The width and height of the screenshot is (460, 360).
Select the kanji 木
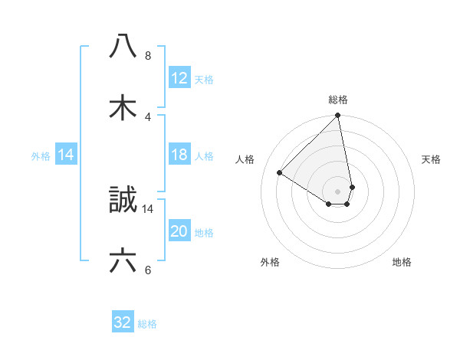[x=123, y=107]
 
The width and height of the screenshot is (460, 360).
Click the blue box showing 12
[x=179, y=78]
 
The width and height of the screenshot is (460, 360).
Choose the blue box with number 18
[x=179, y=155]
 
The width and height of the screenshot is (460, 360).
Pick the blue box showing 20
[x=179, y=232]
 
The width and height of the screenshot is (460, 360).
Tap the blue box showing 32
[x=123, y=322]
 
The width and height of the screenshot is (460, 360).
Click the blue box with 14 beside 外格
[x=66, y=155]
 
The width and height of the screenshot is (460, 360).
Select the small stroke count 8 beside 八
[x=148, y=56]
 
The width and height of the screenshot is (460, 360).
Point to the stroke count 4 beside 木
[x=148, y=116]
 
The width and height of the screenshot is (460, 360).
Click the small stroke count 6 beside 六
[x=148, y=270]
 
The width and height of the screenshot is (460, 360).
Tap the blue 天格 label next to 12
[x=204, y=79]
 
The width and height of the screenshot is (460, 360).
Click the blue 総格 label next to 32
[x=147, y=324]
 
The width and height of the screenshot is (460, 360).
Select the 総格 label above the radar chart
[x=338, y=100]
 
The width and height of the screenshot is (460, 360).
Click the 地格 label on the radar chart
[x=402, y=262]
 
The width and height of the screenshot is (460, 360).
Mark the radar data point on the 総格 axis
[x=338, y=116]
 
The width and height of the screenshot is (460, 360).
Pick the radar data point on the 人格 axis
[x=280, y=173]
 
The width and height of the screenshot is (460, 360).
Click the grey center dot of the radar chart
[x=338, y=191]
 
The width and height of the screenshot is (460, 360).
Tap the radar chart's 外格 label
[x=270, y=262]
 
